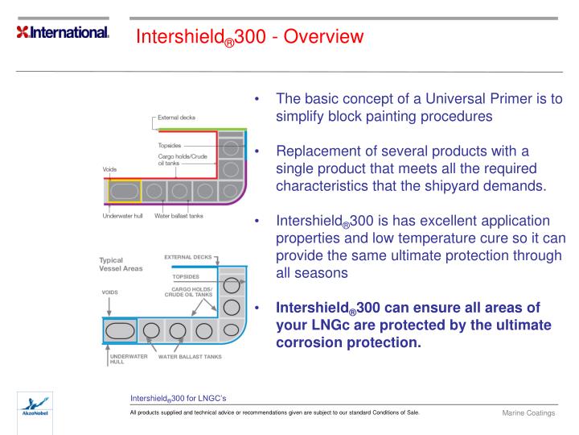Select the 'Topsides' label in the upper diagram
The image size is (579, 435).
(x=170, y=146)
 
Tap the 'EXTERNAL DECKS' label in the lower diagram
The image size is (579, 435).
(x=189, y=257)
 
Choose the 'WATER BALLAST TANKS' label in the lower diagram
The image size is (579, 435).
(x=190, y=356)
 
